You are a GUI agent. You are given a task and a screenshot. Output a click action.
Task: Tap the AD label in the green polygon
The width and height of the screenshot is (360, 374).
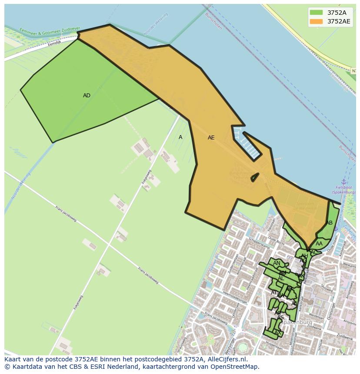(87, 96)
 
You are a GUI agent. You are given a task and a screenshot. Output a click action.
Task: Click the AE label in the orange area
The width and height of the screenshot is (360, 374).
(211, 138)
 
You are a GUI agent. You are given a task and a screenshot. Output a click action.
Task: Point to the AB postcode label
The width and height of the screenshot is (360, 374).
(329, 223)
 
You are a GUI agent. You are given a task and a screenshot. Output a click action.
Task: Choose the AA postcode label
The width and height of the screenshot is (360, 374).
(319, 244)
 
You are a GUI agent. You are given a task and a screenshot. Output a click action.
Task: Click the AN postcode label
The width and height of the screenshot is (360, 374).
(277, 263)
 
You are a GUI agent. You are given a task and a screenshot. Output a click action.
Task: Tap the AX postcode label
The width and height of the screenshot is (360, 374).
(277, 333)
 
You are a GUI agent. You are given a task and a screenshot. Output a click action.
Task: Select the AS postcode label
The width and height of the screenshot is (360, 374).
(280, 318)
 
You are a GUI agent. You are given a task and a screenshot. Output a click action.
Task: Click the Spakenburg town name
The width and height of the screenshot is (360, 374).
(296, 322)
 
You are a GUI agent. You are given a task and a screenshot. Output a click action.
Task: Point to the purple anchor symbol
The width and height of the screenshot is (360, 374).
(343, 182)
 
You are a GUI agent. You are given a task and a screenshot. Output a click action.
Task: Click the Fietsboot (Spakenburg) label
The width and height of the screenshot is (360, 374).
(343, 190)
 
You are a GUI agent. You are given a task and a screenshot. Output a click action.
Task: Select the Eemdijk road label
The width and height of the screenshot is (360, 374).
(55, 43)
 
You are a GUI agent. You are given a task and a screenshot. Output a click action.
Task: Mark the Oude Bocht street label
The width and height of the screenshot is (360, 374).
(276, 240)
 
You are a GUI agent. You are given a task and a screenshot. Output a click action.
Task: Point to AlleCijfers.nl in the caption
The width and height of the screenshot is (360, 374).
(227, 359)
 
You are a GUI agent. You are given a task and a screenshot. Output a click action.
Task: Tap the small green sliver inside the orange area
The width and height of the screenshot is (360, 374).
(255, 177)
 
